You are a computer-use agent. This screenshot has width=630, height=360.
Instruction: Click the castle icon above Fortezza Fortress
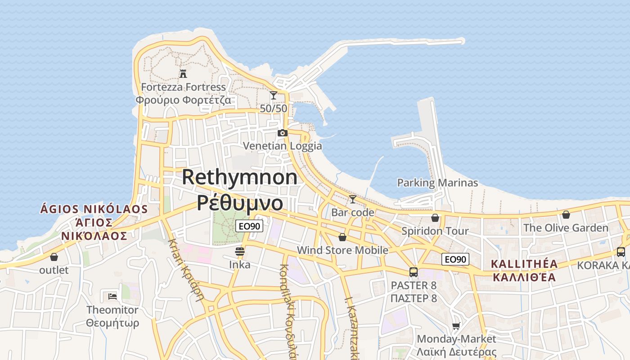point(183,73)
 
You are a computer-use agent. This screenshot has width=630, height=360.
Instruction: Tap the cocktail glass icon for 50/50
point(274,95)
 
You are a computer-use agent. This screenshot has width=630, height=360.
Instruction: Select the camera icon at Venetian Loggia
point(283,133)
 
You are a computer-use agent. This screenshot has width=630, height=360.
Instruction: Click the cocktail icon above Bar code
point(353,199)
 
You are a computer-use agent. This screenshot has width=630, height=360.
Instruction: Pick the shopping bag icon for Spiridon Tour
point(435,218)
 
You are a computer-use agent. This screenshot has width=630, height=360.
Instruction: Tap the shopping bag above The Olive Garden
point(566,215)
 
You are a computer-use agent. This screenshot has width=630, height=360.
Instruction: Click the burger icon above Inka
point(240,252)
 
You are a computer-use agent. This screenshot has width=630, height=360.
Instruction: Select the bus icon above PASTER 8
point(414,272)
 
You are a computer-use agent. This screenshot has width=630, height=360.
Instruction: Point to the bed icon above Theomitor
point(112,297)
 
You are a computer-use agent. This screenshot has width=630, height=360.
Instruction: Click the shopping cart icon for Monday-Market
point(456,326)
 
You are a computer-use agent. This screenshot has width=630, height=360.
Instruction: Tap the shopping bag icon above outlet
point(54,257)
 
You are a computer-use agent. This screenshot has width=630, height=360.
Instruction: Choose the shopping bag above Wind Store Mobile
point(342,237)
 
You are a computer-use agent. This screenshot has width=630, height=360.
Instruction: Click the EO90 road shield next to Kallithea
point(455,259)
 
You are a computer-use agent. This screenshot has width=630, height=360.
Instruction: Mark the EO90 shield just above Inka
point(249,226)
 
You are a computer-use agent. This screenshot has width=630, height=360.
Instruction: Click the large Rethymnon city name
point(239,177)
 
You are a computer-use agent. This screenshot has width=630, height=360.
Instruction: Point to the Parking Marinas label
point(437,183)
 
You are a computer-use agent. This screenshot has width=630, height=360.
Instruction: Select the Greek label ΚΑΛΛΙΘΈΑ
point(524,277)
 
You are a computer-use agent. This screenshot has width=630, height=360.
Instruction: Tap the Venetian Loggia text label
point(283,146)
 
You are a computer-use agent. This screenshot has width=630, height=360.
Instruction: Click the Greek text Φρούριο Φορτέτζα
point(184,100)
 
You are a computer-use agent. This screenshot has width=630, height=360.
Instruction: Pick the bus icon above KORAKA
point(621,252)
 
